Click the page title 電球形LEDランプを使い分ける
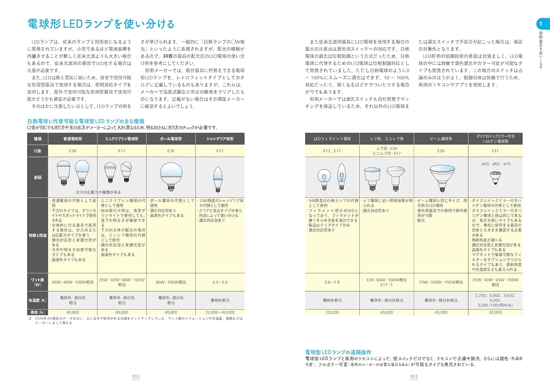click(x=101, y=24)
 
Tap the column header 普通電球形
click(x=73, y=139)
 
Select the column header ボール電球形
click(x=171, y=139)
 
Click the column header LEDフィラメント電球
click(x=332, y=139)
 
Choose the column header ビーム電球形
click(x=441, y=139)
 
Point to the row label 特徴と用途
click(x=38, y=235)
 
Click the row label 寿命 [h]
click(x=38, y=312)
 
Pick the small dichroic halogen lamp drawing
click(x=495, y=177)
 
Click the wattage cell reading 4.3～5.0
click(x=220, y=282)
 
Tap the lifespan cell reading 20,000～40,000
click(x=220, y=313)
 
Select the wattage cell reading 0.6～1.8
click(x=332, y=282)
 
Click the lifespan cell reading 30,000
click(x=495, y=313)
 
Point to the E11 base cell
click(x=495, y=151)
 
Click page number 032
click(x=136, y=376)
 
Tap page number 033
click(x=414, y=376)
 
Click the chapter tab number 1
click(x=540, y=24)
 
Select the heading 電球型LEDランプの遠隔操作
click(x=338, y=352)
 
